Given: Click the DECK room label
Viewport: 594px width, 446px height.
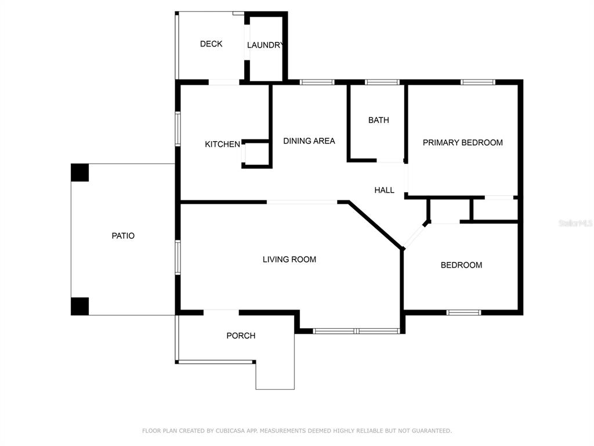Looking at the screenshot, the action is pos(211,44).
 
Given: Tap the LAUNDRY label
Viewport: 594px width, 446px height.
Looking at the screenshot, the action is pos(265,45).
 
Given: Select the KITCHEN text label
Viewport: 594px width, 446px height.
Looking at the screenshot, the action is pos(222,144).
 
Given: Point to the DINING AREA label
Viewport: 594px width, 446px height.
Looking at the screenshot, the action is pos(309,141).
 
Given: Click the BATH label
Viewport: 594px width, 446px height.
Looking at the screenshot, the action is pos(378,120).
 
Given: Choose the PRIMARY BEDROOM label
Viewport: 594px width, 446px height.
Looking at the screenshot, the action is pos(462,143).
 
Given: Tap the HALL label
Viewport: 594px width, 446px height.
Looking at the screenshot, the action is pos(384,190).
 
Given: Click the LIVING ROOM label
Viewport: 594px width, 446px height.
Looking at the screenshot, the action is pos(289,260).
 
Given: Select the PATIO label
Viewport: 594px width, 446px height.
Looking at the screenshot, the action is pos(123,236).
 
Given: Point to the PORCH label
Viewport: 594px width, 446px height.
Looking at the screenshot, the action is pos(241,336).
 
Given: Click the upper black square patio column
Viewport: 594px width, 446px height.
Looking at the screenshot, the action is pos(80,172).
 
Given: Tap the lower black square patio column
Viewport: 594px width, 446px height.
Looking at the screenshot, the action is pos(80,307).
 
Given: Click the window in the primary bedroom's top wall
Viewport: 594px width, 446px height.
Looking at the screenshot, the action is pos(478,82).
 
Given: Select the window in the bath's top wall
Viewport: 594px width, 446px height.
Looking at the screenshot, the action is pos(382,82).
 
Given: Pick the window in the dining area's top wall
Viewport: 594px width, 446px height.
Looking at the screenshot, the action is pos(317,82).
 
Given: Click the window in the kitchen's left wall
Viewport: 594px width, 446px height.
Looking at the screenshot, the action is pos(178,128).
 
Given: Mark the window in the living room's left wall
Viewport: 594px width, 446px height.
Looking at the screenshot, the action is pos(178,257).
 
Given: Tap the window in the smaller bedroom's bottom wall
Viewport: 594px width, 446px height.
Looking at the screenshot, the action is pos(463,312).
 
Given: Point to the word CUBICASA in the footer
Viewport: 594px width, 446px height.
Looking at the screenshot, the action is pos(231,431).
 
